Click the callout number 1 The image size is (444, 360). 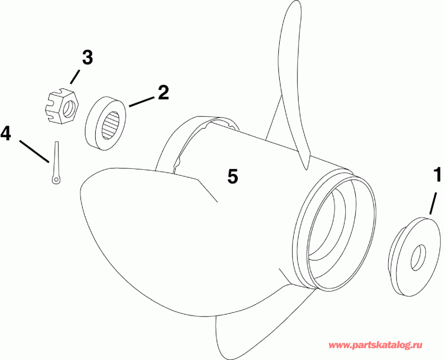[437, 176]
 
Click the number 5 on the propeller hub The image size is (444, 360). [233, 176]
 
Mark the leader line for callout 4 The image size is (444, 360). [34, 151]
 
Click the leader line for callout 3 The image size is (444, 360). [75, 77]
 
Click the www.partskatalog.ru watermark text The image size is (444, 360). [375, 346]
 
